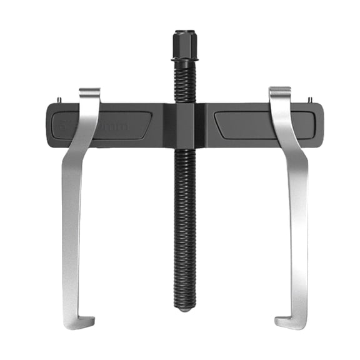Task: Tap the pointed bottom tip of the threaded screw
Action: pos(184,309)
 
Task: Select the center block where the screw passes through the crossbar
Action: pos(184,126)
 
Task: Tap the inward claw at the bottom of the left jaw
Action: pos(79,322)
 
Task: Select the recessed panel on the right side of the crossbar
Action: pos(262,125)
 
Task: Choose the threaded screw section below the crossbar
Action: pos(184,225)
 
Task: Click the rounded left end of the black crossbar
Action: pos(50,126)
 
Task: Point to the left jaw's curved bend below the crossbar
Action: pos(78,156)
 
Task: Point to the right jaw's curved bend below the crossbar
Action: pos(291,156)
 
